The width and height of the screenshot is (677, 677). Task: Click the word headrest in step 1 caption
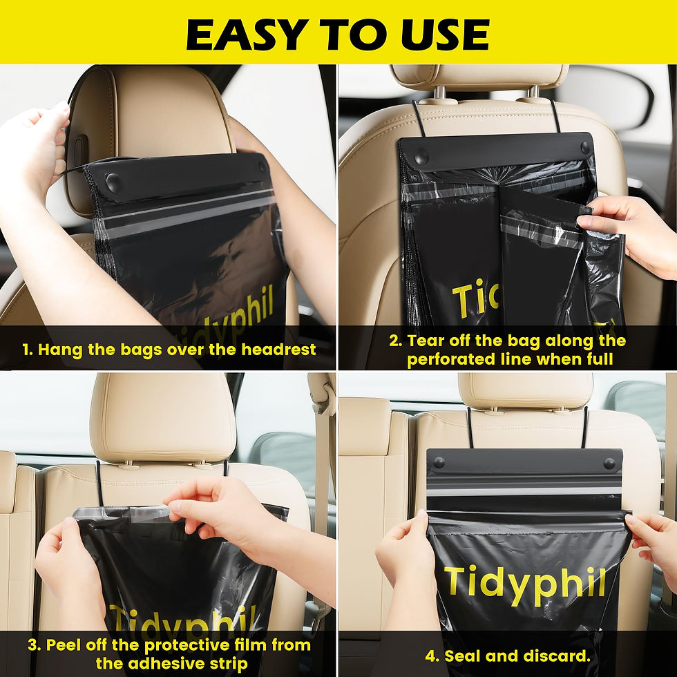(278, 350)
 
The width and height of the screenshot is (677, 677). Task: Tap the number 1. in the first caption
(28, 350)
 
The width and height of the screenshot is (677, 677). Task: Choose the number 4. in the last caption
(432, 656)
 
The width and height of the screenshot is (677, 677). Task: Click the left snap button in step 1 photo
(114, 183)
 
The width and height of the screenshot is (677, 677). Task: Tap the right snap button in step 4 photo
(609, 463)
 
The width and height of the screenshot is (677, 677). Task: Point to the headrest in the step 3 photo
(163, 418)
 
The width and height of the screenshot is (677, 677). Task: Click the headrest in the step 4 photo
(525, 390)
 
